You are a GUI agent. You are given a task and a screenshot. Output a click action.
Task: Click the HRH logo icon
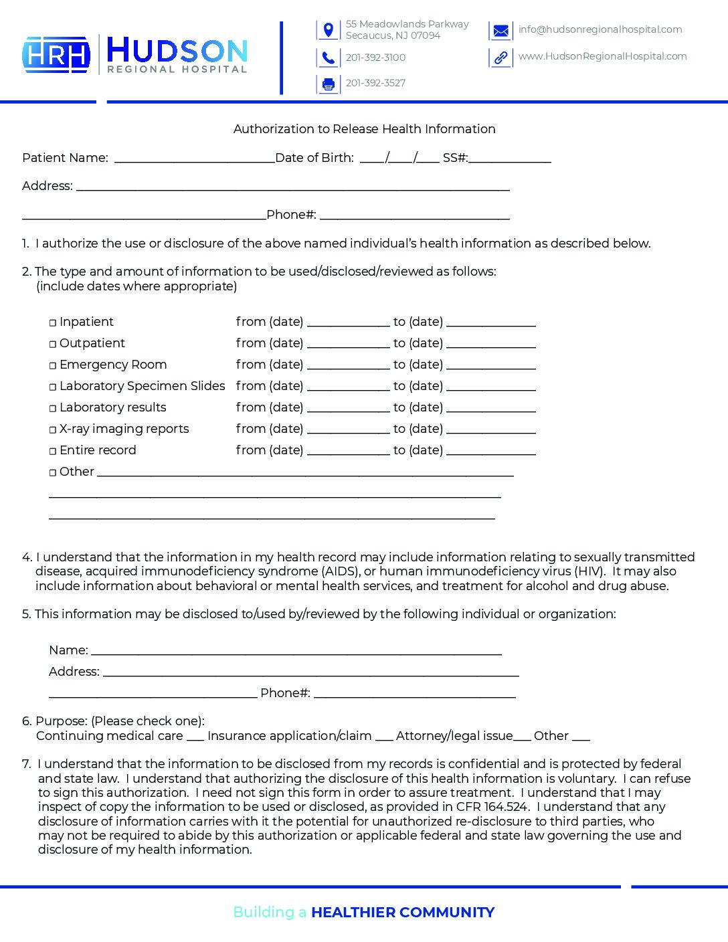pos(56,54)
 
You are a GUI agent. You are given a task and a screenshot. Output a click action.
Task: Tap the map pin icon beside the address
pos(328,30)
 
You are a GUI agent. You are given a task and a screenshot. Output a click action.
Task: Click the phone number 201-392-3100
pos(375,58)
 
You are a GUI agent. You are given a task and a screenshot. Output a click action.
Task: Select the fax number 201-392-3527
pos(375,83)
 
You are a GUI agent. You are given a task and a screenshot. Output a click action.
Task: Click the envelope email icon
pos(500,31)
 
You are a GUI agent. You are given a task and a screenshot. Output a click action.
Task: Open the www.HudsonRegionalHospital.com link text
pos(602,56)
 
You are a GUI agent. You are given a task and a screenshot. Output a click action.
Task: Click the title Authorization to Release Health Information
pos(364,129)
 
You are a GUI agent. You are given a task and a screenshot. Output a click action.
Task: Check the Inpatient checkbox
pos(53,323)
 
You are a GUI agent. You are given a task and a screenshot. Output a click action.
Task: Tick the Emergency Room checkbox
pos(53,366)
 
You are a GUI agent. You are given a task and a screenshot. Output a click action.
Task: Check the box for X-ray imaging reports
pos(53,430)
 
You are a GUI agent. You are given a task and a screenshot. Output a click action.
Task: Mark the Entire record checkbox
pos(53,452)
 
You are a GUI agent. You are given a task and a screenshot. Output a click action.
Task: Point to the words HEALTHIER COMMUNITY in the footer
pos(402,913)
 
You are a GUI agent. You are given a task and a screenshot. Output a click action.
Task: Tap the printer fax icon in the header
pos(328,84)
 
